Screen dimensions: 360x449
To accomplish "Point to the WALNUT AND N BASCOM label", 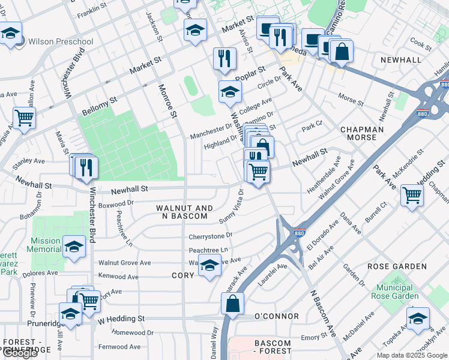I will pyautogui.click(x=184, y=212).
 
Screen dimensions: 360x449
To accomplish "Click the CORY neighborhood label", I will pyautogui.click(x=182, y=275).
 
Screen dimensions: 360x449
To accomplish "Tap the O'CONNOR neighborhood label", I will pyautogui.click(x=277, y=316).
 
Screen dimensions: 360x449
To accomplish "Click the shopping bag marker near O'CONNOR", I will pyautogui.click(x=232, y=304).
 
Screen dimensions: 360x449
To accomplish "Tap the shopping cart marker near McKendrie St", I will pyautogui.click(x=412, y=195).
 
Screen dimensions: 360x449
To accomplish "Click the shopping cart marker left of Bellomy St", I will pyautogui.click(x=24, y=118).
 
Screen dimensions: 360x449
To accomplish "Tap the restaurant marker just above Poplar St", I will pyautogui.click(x=224, y=59).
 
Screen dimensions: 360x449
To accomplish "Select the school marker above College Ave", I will pyautogui.click(x=229, y=92).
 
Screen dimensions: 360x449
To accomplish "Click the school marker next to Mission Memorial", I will pyautogui.click(x=74, y=247).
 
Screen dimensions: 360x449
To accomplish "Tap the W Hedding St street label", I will pyautogui.click(x=121, y=319).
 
